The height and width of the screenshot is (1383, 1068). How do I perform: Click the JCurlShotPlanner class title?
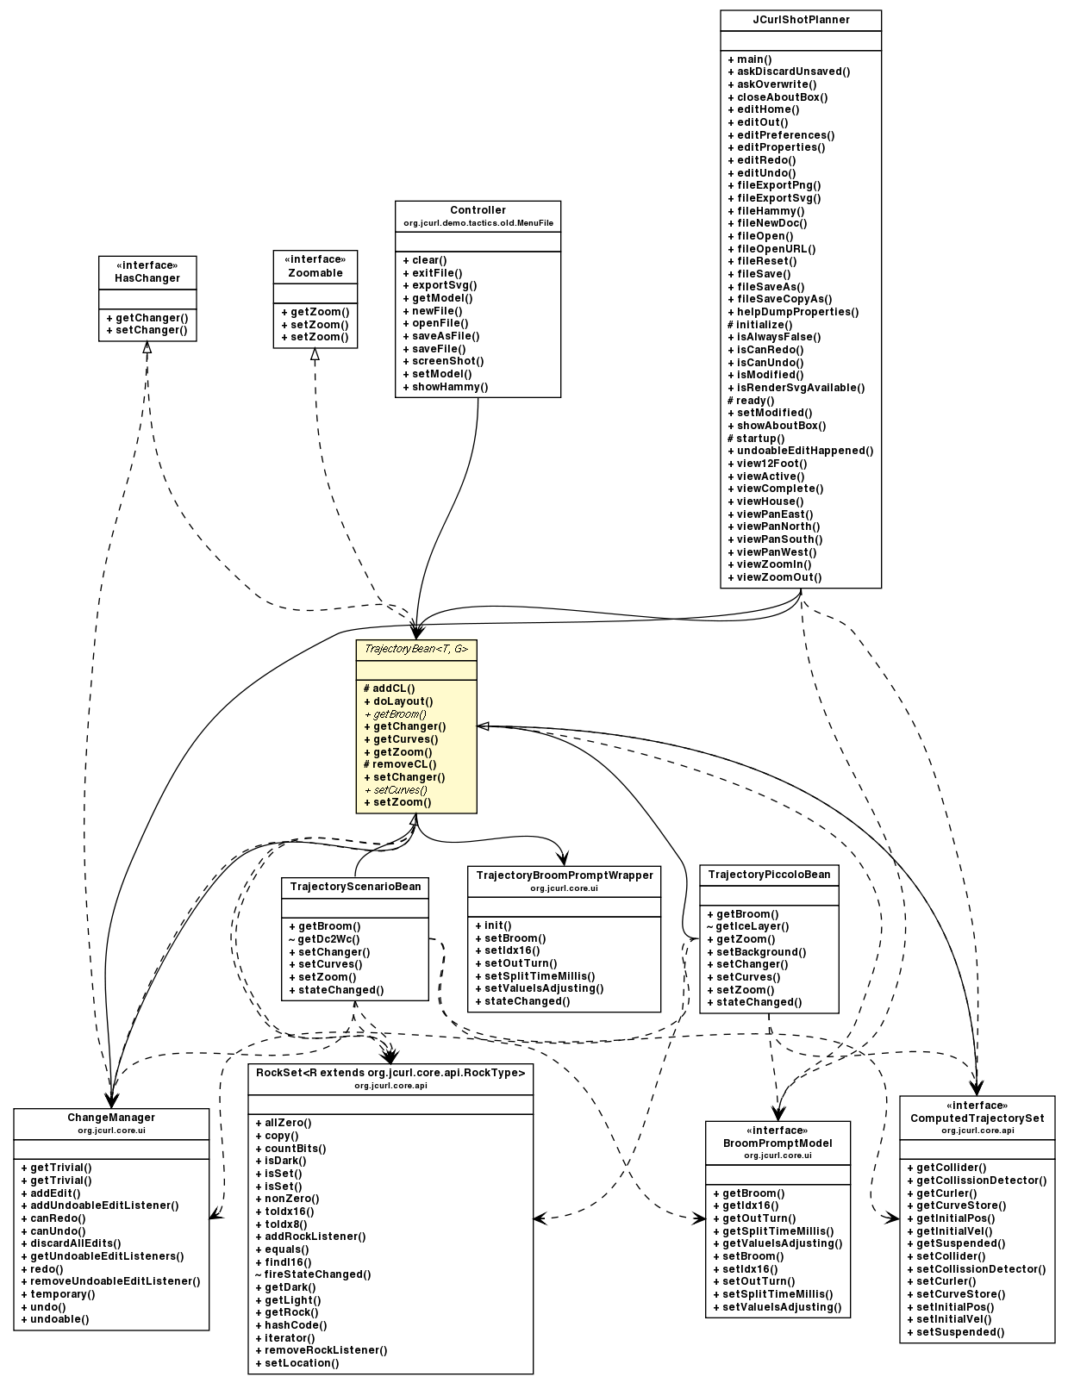[x=801, y=20]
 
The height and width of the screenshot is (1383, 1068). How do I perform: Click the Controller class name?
[x=478, y=210]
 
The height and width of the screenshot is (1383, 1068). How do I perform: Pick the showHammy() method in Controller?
[x=449, y=387]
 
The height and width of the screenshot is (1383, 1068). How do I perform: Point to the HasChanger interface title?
[x=147, y=278]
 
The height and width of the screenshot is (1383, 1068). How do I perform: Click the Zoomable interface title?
[x=315, y=273]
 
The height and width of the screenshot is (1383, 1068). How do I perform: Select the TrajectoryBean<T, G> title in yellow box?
[x=415, y=649]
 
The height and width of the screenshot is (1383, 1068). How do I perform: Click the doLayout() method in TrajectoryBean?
[x=402, y=701]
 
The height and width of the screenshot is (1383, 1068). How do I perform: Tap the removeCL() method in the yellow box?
[x=403, y=764]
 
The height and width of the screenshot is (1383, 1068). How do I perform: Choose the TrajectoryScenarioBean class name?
[x=355, y=887]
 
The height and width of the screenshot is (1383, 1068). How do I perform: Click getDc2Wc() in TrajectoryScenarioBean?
[x=328, y=939]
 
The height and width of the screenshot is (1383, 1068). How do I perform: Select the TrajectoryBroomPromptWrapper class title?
[x=564, y=875]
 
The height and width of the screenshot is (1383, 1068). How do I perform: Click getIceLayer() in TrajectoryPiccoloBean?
[x=752, y=926]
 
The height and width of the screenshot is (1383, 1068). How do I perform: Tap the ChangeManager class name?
[x=111, y=1118]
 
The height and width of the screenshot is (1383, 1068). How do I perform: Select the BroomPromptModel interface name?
[x=778, y=1143]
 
